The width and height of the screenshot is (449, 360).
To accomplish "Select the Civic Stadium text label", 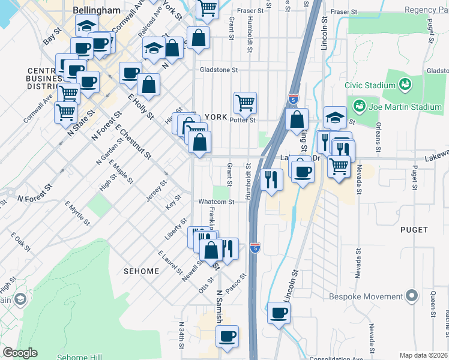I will point(370,85).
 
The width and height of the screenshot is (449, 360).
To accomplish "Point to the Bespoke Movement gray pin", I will point(411,296).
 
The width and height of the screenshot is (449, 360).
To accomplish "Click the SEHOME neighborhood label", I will point(142,271).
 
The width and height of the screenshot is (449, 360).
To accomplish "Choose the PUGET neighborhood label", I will point(414,230).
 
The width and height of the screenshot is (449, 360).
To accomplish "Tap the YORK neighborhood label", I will point(217,117).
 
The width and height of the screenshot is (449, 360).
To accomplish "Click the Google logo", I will point(20,353).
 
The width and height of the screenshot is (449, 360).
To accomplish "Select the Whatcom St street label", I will point(215,202).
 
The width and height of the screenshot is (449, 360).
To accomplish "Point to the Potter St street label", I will point(243,120).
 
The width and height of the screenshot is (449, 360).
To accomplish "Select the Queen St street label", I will point(432,304).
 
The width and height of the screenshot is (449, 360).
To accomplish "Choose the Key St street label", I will point(174,202).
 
